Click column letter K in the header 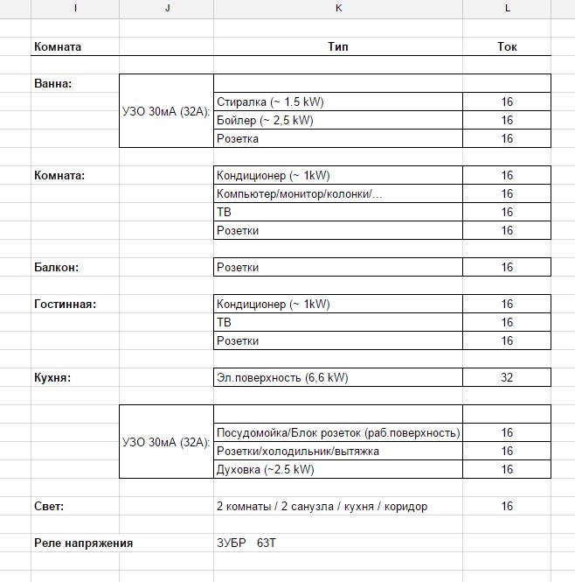338,8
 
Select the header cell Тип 337,46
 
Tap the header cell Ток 507,46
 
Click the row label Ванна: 52,83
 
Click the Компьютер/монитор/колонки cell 299,193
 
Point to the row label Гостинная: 65,304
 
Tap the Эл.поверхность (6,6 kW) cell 281,377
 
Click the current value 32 507,377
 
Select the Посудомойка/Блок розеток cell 337,432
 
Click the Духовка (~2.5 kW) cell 265,469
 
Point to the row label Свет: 49,506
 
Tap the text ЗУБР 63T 247,543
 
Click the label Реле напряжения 83,543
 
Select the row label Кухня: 52,377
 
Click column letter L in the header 507,8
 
